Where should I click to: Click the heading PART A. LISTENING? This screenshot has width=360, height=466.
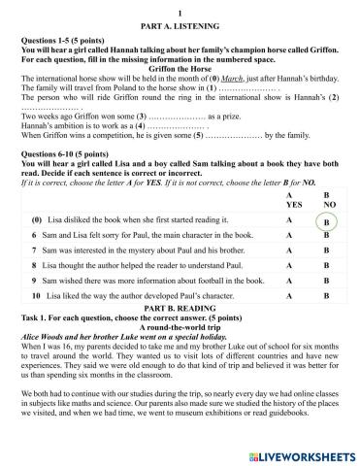coord(180,20)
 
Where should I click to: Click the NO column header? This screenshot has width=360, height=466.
coord(326,205)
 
